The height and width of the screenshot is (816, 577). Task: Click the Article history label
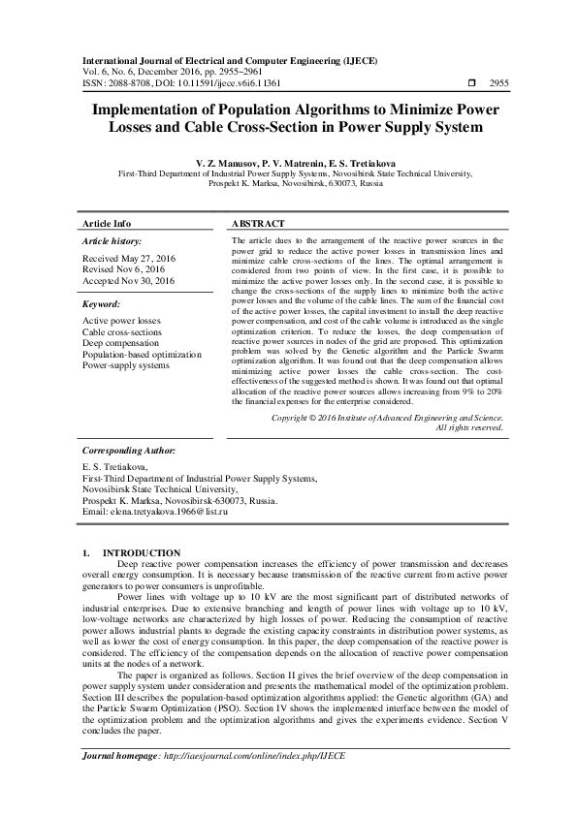112,240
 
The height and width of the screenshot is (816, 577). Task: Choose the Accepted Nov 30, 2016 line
128,280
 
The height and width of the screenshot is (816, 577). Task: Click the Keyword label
103,303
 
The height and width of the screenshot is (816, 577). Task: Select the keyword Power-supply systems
126,365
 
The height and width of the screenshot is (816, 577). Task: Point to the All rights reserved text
469,427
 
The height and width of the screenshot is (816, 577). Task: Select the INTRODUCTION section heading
141,551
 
